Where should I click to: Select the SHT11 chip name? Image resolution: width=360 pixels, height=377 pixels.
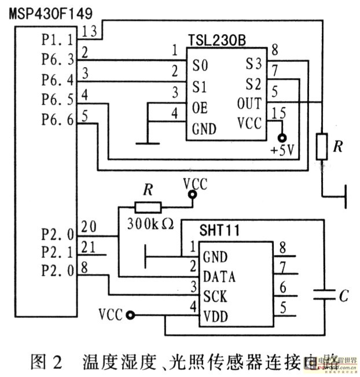(215, 231)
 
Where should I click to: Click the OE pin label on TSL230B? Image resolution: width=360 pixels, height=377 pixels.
(200, 108)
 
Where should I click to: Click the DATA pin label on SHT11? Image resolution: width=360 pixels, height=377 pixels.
(219, 278)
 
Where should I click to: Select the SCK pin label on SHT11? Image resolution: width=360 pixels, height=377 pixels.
(215, 297)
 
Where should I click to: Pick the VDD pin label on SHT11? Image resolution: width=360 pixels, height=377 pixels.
(215, 317)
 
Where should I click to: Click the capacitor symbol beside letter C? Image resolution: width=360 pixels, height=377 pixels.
(322, 295)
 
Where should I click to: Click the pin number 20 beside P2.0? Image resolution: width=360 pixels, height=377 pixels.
(89, 226)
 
